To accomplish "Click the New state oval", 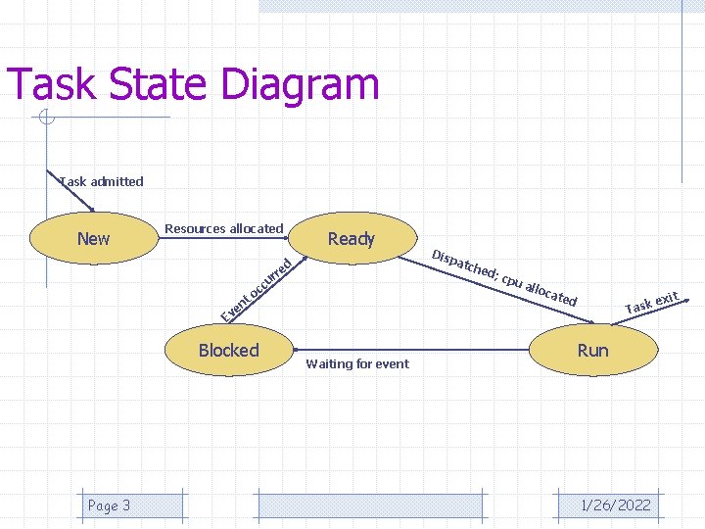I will pyautogui.click(x=93, y=239).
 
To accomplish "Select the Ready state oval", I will pyautogui.click(x=351, y=238).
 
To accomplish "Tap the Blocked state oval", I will pyautogui.click(x=228, y=351).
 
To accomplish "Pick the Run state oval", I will pyautogui.click(x=592, y=351).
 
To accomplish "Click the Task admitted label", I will pyautogui.click(x=101, y=181).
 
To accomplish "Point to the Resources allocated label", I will pyautogui.click(x=223, y=228).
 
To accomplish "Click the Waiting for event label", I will pyautogui.click(x=357, y=364).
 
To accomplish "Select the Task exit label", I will pyautogui.click(x=652, y=303).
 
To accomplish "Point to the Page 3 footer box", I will pyautogui.click(x=109, y=505).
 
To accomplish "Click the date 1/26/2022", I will pyautogui.click(x=615, y=505).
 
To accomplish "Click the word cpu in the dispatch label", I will pyautogui.click(x=511, y=278).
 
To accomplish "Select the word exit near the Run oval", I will pyautogui.click(x=667, y=297).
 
